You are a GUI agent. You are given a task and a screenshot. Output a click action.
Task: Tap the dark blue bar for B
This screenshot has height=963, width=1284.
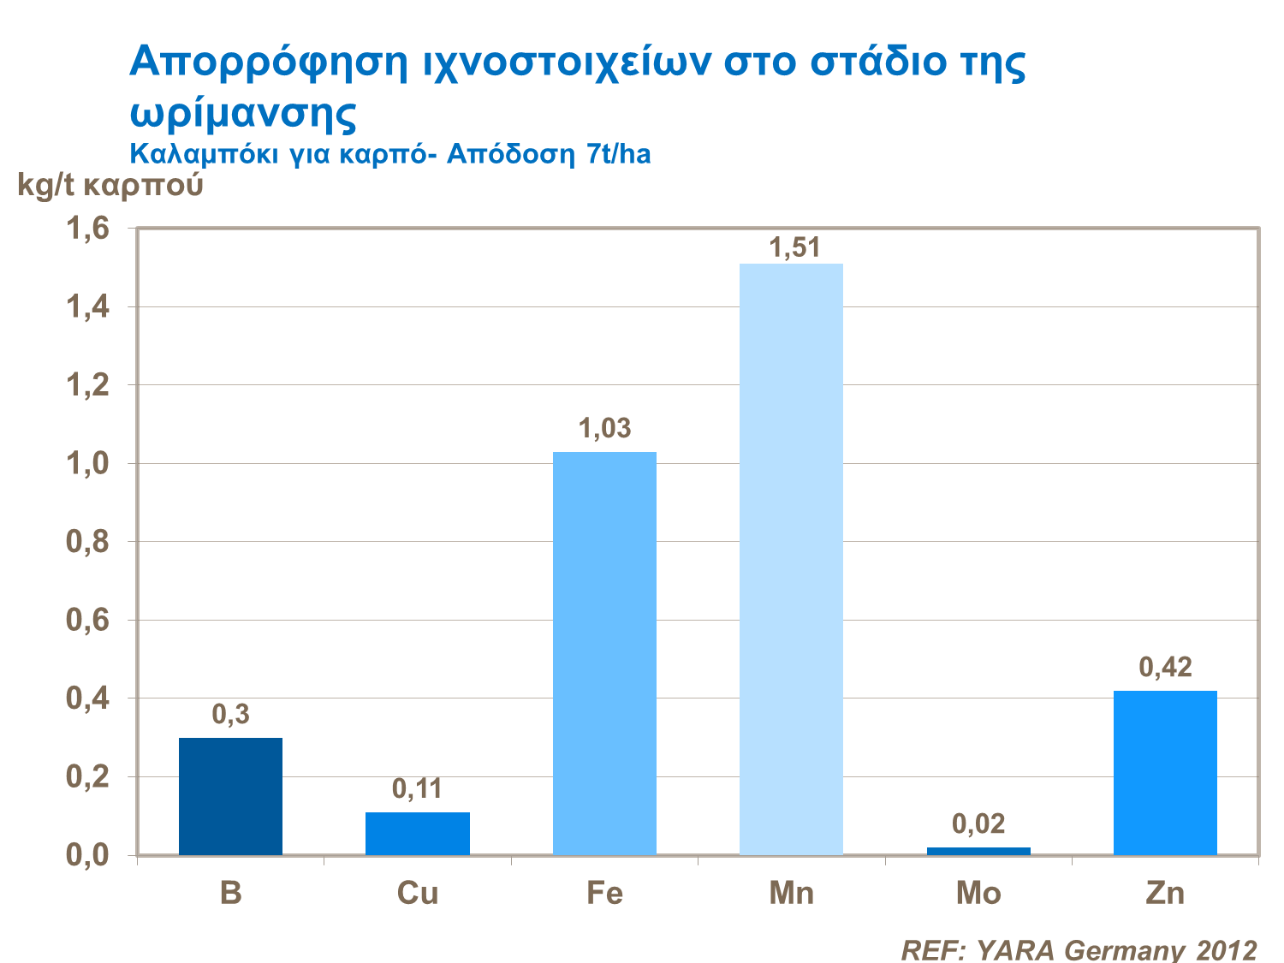(230, 795)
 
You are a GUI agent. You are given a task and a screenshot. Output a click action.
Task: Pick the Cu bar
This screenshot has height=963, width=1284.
(418, 833)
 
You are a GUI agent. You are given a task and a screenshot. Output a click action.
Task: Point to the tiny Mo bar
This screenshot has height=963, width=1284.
(978, 851)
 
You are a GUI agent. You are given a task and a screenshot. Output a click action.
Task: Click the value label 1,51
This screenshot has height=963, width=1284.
(794, 247)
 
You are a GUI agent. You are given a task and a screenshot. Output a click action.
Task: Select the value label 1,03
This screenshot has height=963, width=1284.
(605, 428)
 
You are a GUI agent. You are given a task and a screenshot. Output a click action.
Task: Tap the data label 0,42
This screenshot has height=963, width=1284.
(1165, 667)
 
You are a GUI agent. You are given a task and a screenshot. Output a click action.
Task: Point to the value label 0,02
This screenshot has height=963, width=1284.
(978, 823)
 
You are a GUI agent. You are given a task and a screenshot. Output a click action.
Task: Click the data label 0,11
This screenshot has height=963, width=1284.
(418, 788)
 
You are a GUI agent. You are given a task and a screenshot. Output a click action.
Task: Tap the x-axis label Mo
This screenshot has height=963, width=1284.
(978, 893)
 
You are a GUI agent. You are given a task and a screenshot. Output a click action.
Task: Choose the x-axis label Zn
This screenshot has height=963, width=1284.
(1165, 893)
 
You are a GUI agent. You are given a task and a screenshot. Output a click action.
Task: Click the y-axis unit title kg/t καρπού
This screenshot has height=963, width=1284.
(110, 185)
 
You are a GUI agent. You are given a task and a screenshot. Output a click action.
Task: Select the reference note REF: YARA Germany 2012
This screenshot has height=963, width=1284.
(1079, 949)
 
